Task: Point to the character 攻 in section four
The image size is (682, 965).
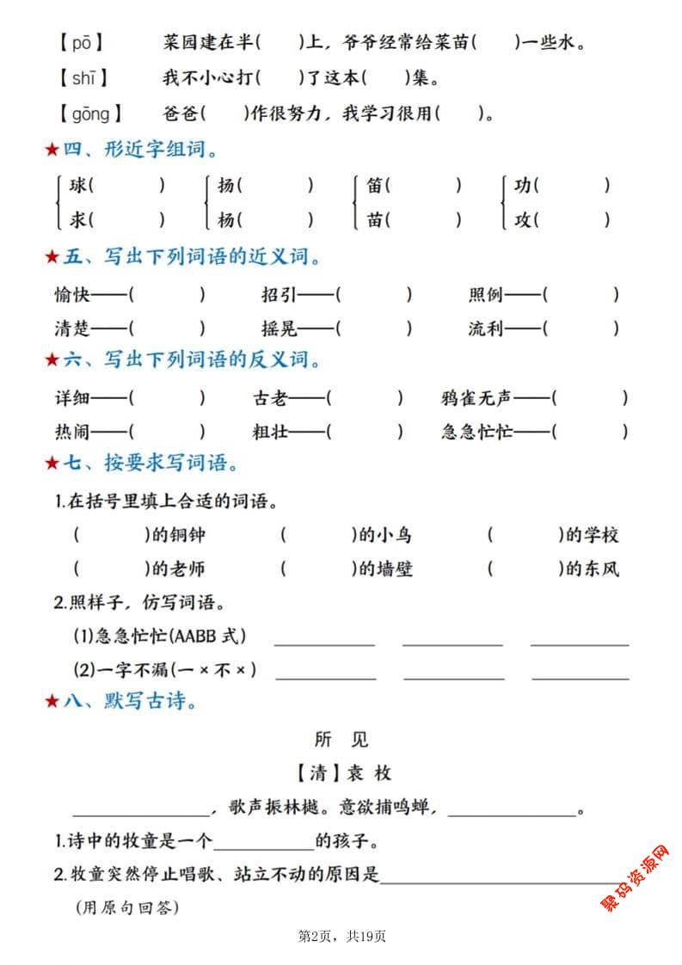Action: click(524, 219)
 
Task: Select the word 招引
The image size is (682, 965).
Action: click(280, 295)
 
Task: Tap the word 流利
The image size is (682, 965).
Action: click(486, 329)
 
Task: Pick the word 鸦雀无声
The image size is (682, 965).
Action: click(476, 398)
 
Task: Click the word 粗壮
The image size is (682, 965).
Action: click(269, 432)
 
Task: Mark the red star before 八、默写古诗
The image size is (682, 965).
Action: click(52, 703)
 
